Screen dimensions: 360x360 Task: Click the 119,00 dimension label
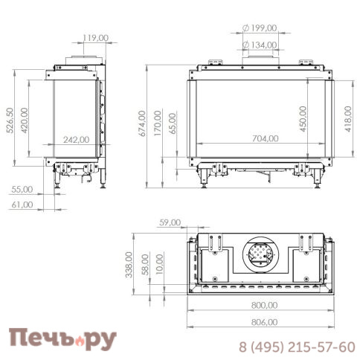[x=95, y=38]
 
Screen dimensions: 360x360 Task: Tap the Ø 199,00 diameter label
[x=260, y=28]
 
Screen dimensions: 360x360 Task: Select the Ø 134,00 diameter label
[x=260, y=45]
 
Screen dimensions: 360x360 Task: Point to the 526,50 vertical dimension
[x=10, y=120]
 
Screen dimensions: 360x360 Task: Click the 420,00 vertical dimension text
[x=25, y=120]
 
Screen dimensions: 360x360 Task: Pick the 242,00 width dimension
[x=77, y=140]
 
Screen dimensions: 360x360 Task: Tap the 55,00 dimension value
[x=22, y=190]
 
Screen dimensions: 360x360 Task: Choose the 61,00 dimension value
[x=22, y=205]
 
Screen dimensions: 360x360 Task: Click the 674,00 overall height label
[x=142, y=123]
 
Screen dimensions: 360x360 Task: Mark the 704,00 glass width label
[x=266, y=138]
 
